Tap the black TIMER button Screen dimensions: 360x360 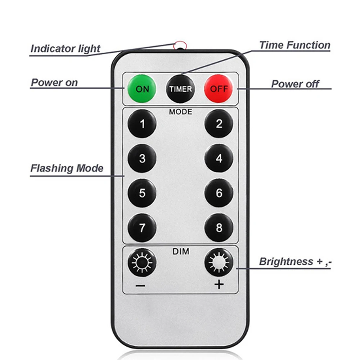[180, 89]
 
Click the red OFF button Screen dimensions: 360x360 [219, 89]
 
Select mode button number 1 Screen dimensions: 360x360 [142, 124]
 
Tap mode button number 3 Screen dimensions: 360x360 [142, 158]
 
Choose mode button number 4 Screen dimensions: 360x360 [219, 158]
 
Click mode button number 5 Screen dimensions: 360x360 [142, 193]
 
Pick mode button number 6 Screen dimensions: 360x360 [219, 193]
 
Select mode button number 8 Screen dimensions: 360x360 [219, 228]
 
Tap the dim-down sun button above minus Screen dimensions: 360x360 [142, 262]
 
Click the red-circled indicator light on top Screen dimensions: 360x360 [180, 45]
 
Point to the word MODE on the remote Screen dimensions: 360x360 [181, 112]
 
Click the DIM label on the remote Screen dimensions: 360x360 [181, 252]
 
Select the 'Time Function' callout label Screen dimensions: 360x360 [294, 45]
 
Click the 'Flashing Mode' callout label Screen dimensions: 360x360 [67, 168]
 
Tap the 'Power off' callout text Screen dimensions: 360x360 [295, 84]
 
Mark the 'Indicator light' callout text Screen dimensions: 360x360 [65, 49]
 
